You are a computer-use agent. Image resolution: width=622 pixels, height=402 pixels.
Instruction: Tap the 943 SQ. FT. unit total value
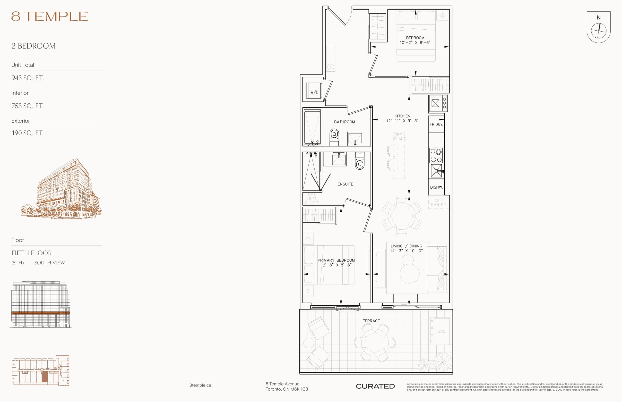(x=27, y=78)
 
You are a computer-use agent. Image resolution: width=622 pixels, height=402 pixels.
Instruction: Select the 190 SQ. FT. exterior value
(x=27, y=133)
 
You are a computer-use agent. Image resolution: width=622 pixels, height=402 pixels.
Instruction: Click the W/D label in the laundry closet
(x=314, y=92)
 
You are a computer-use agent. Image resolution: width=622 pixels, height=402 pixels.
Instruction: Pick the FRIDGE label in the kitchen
(x=436, y=125)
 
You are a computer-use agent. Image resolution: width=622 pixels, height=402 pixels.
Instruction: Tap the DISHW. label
(x=436, y=187)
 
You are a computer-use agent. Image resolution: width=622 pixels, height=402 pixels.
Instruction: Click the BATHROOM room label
(x=344, y=122)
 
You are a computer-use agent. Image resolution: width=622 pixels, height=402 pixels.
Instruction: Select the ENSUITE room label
(x=345, y=184)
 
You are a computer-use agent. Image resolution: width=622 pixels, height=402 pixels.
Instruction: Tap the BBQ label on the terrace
(x=441, y=331)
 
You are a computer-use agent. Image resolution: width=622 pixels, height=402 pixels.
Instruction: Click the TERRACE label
(x=371, y=321)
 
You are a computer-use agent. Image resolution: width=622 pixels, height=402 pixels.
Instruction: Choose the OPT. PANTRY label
(x=438, y=202)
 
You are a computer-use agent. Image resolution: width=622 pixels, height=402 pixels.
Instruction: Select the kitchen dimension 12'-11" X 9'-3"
(x=402, y=121)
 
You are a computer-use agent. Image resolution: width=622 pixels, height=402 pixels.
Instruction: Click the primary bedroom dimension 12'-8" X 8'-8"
(x=336, y=265)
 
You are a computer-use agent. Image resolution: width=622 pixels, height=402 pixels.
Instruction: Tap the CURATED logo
(x=375, y=386)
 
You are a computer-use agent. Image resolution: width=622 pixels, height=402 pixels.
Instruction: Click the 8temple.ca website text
(x=200, y=385)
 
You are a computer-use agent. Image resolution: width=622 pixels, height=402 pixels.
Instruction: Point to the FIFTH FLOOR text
(x=32, y=253)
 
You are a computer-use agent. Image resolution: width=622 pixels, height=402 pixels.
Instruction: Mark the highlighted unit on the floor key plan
(x=45, y=377)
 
